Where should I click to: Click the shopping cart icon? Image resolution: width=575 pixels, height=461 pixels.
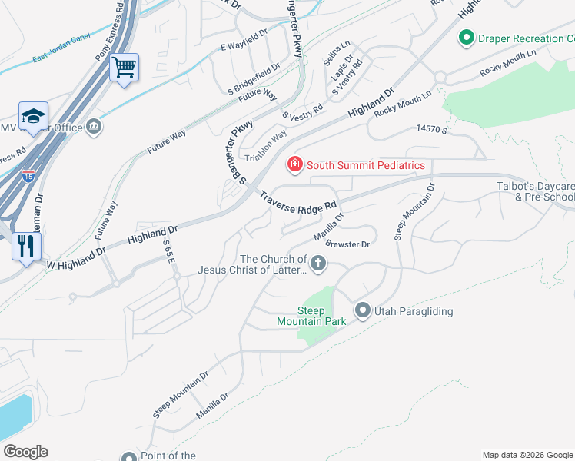123,67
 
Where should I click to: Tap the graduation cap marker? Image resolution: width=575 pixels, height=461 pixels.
33,116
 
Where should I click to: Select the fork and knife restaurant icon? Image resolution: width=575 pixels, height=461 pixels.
26,246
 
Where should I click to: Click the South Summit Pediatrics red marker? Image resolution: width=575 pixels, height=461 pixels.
294,164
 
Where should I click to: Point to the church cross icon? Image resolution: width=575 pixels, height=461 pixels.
317,264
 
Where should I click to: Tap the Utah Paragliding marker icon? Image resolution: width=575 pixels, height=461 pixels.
363,310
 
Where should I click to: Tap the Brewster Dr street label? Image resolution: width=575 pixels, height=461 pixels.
348,244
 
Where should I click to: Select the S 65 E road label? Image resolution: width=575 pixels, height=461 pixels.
169,251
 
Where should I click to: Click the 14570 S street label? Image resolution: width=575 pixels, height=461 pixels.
431,131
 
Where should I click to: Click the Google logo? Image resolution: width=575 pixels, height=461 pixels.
25,452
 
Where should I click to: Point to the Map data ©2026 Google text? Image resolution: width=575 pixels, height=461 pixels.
527,455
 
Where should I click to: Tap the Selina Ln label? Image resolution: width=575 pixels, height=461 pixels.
337,53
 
